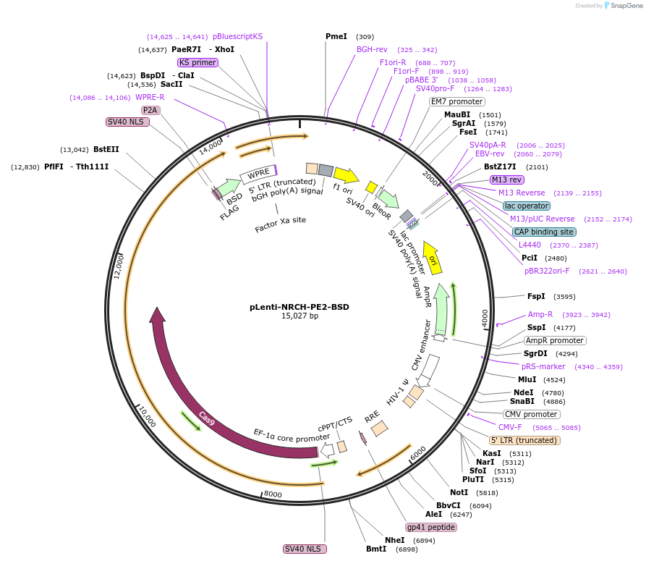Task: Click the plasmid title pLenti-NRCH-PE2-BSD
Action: click(299, 307)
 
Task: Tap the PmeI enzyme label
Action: click(336, 36)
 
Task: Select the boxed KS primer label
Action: click(197, 62)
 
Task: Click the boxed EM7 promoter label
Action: click(456, 101)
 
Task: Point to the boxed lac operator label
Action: click(527, 206)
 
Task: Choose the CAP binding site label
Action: click(543, 232)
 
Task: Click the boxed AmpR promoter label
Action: click(555, 340)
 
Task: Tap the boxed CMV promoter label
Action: click(531, 414)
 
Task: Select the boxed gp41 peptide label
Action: click(431, 527)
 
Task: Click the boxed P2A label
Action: click(150, 110)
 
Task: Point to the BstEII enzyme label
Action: click(106, 150)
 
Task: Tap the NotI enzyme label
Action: click(469, 492)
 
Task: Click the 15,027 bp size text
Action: click(299, 316)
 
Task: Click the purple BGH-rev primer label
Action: click(372, 49)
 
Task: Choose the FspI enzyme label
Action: click(536, 296)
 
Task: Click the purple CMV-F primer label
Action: click(510, 427)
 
